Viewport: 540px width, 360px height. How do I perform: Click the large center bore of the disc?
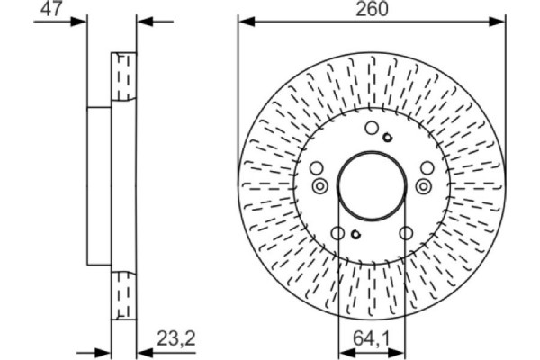pyautogui.click(x=370, y=184)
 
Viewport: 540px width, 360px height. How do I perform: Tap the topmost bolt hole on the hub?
pyautogui.click(x=372, y=129)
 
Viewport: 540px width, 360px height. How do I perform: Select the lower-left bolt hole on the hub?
pyautogui.click(x=337, y=235)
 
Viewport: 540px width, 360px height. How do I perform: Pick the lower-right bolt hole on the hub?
pyautogui.click(x=404, y=235)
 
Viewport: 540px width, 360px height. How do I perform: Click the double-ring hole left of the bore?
pyautogui.click(x=319, y=185)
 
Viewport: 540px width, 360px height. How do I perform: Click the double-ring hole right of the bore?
pyautogui.click(x=423, y=185)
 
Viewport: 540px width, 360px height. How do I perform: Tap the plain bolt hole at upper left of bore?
pyautogui.click(x=316, y=168)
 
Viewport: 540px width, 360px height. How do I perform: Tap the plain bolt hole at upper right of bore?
pyautogui.click(x=426, y=168)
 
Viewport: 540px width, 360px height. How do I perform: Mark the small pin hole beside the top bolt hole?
pyautogui.click(x=387, y=137)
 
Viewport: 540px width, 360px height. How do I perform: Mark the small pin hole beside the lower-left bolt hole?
pyautogui.click(x=355, y=236)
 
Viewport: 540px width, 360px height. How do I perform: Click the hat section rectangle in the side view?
pyautogui.click(x=99, y=185)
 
